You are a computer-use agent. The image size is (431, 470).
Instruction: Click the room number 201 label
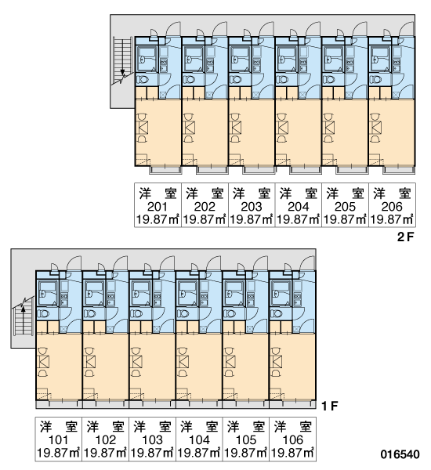coord(158,207)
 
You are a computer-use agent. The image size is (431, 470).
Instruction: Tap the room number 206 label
coord(392,207)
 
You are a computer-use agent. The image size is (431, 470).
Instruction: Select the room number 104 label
coord(199,440)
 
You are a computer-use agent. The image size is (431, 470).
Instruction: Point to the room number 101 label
coord(58,440)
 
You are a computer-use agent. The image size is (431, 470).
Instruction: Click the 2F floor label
coord(405,237)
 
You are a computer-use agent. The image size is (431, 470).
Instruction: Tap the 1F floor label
coord(330,406)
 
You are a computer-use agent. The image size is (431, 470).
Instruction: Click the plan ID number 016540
coord(400,454)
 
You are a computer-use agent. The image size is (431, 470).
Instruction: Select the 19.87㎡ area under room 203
coord(251,219)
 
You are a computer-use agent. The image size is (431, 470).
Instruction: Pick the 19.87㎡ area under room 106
coord(292,453)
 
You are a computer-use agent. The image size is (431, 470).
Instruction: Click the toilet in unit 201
coord(143,80)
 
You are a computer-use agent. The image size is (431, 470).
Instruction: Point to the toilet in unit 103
coord(137,314)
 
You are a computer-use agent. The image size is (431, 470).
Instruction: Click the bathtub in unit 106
coord(281,293)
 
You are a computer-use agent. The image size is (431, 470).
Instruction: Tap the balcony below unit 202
coord(212,170)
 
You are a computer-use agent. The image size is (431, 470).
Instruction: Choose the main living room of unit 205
coord(345,132)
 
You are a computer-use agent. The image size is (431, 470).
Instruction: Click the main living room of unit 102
coord(106,367)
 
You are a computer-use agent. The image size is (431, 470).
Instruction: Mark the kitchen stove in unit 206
coord(397,62)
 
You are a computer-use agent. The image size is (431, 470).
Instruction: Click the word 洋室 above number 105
coord(245,427)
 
